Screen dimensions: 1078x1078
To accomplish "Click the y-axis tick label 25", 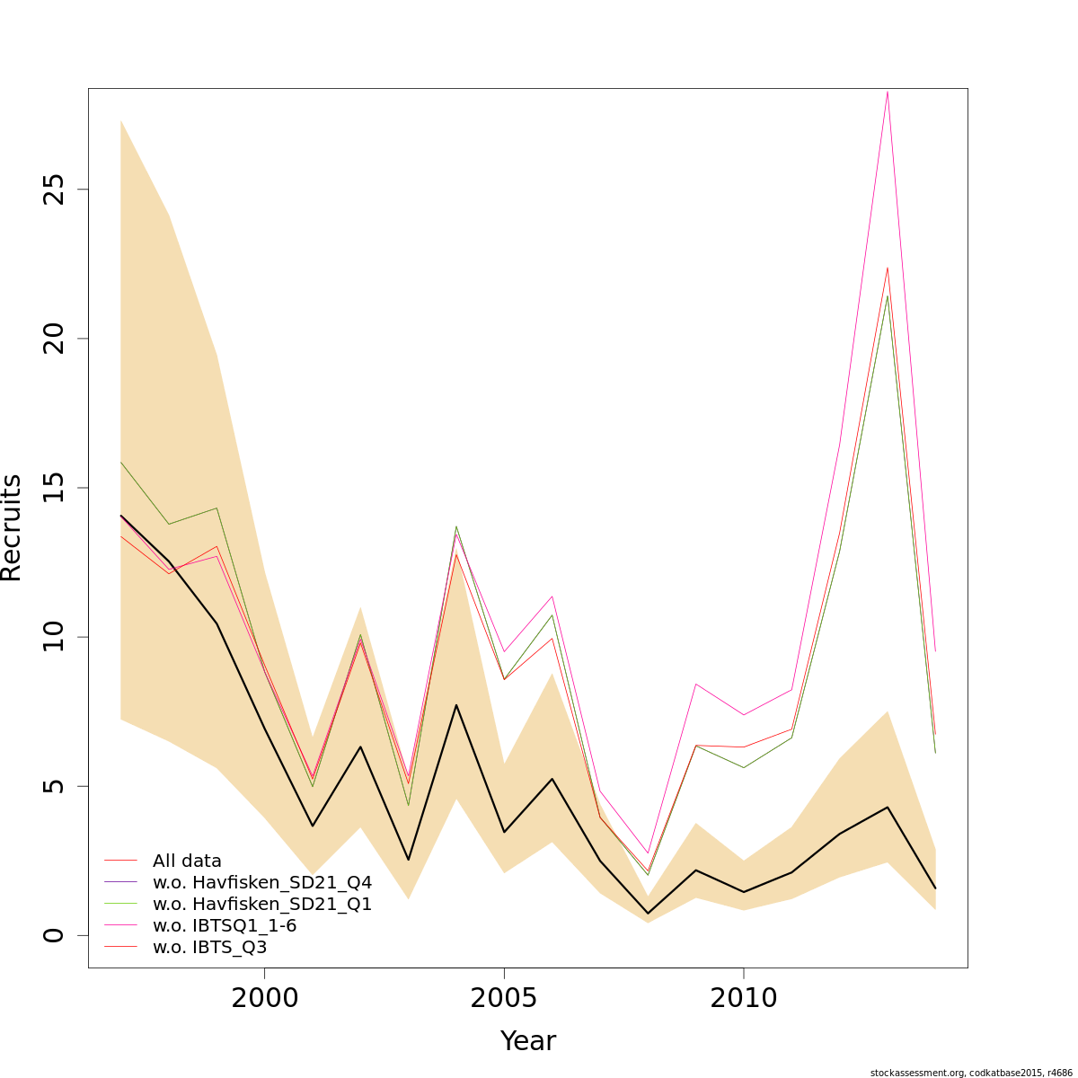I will pos(56,190).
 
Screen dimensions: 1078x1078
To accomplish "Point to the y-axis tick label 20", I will pos(56,339).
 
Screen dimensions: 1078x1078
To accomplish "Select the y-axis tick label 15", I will pos(56,488).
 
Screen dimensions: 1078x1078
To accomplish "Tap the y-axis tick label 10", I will pos(56,637).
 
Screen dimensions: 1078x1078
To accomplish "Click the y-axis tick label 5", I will pos(56,786).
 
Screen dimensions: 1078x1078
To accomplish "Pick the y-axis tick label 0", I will pos(56,935).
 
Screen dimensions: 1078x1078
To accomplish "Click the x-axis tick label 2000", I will pos(265,998).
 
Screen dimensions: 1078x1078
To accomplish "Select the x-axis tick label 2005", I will pos(504,998).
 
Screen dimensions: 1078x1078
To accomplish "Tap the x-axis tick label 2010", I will pos(744,998).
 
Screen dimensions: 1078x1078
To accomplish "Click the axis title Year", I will pos(528,1041).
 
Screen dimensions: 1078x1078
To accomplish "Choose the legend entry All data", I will pos(187,861).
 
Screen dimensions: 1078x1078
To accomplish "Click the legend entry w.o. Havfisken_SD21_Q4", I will pos(261,882).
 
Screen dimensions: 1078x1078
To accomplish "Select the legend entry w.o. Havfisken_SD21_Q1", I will pos(261,904).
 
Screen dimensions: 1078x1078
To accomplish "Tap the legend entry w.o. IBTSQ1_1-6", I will pos(225,925).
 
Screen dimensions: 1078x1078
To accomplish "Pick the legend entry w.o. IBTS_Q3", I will pos(209,947).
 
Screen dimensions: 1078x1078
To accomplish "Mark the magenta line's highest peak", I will pos(888,91).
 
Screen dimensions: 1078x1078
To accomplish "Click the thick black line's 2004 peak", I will pos(456,705).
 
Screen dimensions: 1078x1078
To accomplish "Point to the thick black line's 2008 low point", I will pos(648,914).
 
